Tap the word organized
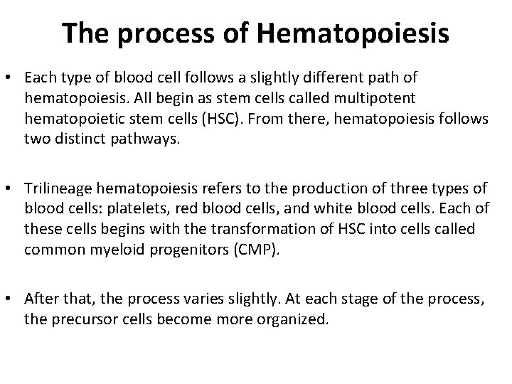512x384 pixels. (x=294, y=319)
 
